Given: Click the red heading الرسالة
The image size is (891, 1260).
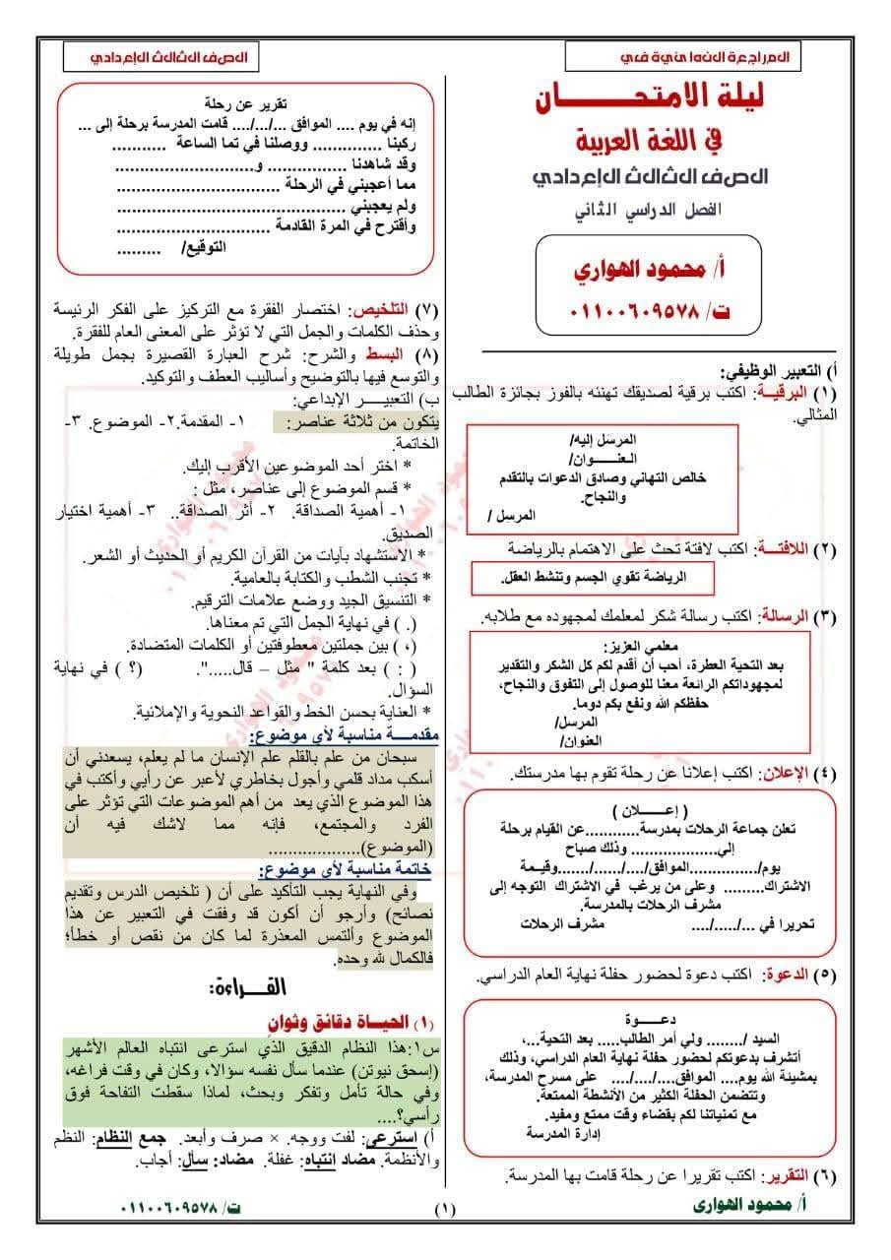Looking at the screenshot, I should [784, 616].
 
